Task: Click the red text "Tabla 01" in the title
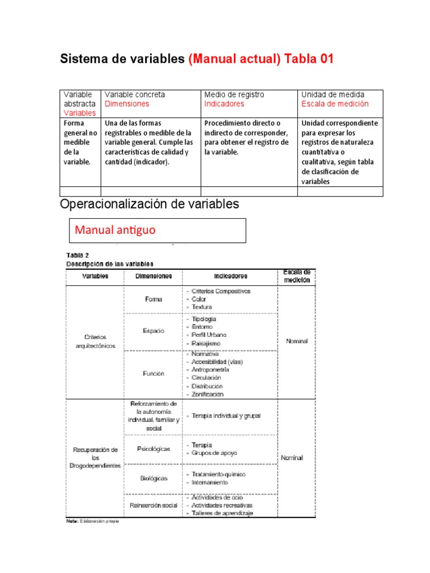pyautogui.click(x=309, y=59)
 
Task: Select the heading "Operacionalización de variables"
pyautogui.click(x=149, y=204)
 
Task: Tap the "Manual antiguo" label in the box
pyautogui.click(x=115, y=229)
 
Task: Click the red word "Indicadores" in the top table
pyautogui.click(x=224, y=104)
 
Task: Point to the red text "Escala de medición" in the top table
pyautogui.click(x=335, y=104)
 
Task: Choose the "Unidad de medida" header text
pyautogui.click(x=333, y=95)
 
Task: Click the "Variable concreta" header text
pyautogui.click(x=135, y=95)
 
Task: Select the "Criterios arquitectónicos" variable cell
pyautogui.click(x=95, y=341)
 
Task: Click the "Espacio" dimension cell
pyautogui.click(x=153, y=331)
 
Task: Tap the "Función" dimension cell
pyautogui.click(x=153, y=373)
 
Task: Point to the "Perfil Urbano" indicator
pyautogui.click(x=209, y=335)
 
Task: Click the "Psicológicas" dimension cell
pyautogui.click(x=153, y=449)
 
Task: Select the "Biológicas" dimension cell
pyautogui.click(x=153, y=478)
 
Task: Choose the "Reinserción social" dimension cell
pyautogui.click(x=153, y=505)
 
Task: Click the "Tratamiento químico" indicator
pyautogui.click(x=218, y=474)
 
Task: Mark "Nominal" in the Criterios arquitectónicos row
pyautogui.click(x=297, y=341)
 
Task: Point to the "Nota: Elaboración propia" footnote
pyautogui.click(x=92, y=520)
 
